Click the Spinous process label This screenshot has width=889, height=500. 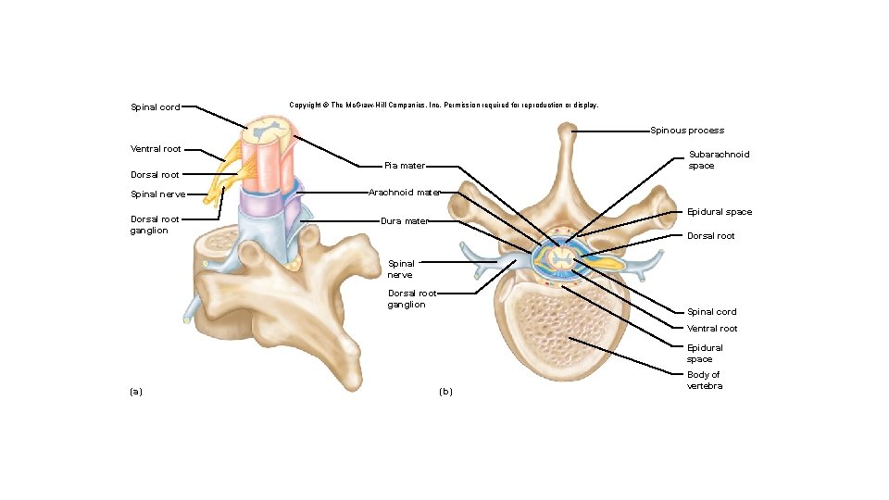click(686, 131)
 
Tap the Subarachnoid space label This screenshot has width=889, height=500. click(706, 160)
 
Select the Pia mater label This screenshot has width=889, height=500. click(405, 166)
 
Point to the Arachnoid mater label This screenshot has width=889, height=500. click(404, 193)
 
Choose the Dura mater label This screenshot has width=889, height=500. click(405, 221)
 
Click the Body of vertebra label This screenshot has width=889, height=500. click(704, 381)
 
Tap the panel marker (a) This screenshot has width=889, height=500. click(136, 392)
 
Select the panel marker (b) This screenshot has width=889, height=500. click(445, 392)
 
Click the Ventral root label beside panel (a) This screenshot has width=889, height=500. click(156, 148)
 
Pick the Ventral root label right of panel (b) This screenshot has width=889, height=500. click(712, 329)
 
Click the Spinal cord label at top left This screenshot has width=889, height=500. click(156, 107)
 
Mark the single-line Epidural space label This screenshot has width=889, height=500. click(720, 212)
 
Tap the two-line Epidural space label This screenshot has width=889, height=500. click(705, 353)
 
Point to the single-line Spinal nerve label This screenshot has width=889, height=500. click(158, 194)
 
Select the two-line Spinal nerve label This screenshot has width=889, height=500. click(400, 269)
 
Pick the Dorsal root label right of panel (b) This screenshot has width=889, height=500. click(710, 236)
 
